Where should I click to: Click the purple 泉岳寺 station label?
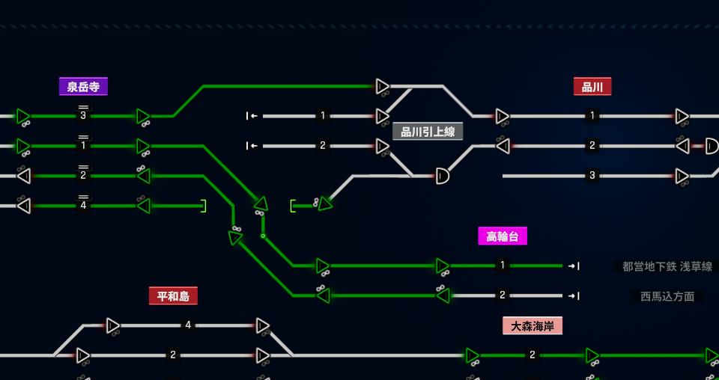point(83,87)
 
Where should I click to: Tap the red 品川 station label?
point(592,87)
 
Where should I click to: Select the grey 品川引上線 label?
point(428,132)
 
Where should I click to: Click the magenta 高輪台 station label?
point(503,236)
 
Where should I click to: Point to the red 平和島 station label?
point(173,295)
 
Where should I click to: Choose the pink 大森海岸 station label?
point(533,325)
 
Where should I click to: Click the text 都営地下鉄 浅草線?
point(667,266)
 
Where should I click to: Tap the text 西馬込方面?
point(667,296)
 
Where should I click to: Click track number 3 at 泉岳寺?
point(83,116)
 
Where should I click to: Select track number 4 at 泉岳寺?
point(83,206)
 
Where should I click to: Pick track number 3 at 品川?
point(592,176)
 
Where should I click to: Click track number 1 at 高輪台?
point(503,266)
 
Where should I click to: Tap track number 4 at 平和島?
point(187,325)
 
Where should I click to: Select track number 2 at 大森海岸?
point(533,355)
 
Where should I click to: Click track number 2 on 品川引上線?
point(323,146)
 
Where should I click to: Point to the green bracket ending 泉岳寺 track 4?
point(204,206)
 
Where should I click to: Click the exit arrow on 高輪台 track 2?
point(574,295)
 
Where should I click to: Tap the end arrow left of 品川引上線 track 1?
point(252,116)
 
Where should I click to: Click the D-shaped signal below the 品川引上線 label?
point(442,176)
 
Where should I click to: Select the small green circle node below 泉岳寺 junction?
point(263,236)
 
